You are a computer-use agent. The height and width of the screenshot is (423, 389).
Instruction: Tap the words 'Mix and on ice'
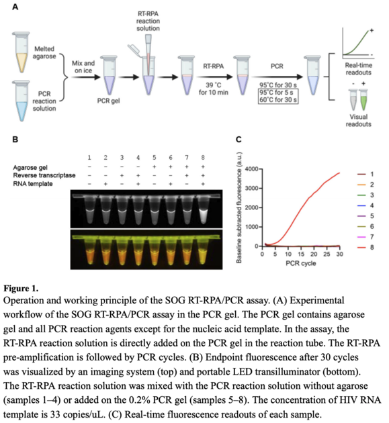(84, 65)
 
